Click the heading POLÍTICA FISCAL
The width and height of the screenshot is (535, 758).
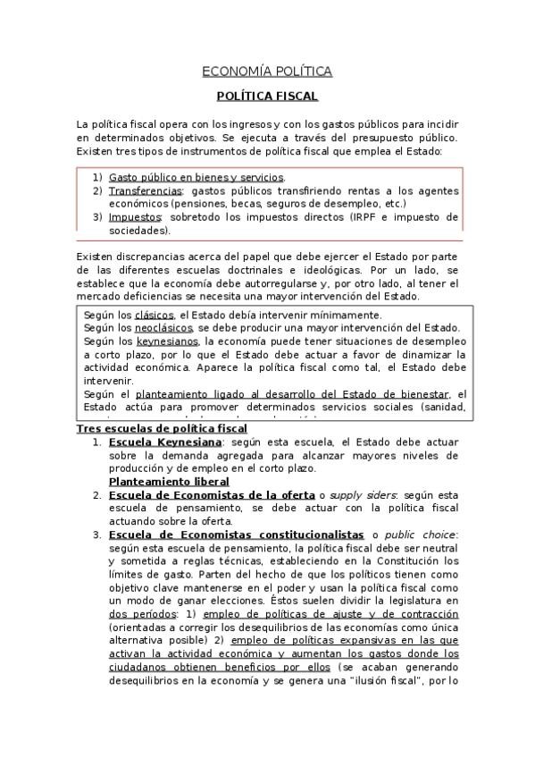coord(267,96)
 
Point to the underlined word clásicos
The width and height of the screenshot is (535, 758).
coord(155,316)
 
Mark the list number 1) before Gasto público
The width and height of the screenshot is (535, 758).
coord(97,178)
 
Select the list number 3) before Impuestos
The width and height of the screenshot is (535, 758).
coord(97,217)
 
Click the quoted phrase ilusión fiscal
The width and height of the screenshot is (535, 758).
coord(384,679)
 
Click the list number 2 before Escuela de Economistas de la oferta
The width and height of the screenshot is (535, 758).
coord(96,494)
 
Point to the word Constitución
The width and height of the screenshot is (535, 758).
coord(405,560)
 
